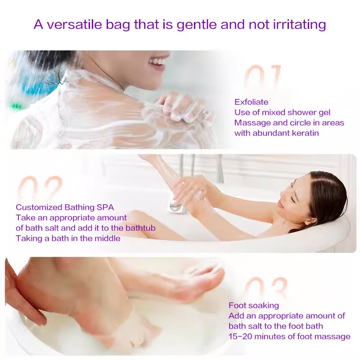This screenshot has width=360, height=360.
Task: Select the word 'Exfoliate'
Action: click(251, 102)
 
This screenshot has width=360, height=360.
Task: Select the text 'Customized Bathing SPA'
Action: click(65, 207)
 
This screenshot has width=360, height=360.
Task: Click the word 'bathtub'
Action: click(139, 228)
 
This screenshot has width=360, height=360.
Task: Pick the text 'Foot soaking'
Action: click(254, 306)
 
